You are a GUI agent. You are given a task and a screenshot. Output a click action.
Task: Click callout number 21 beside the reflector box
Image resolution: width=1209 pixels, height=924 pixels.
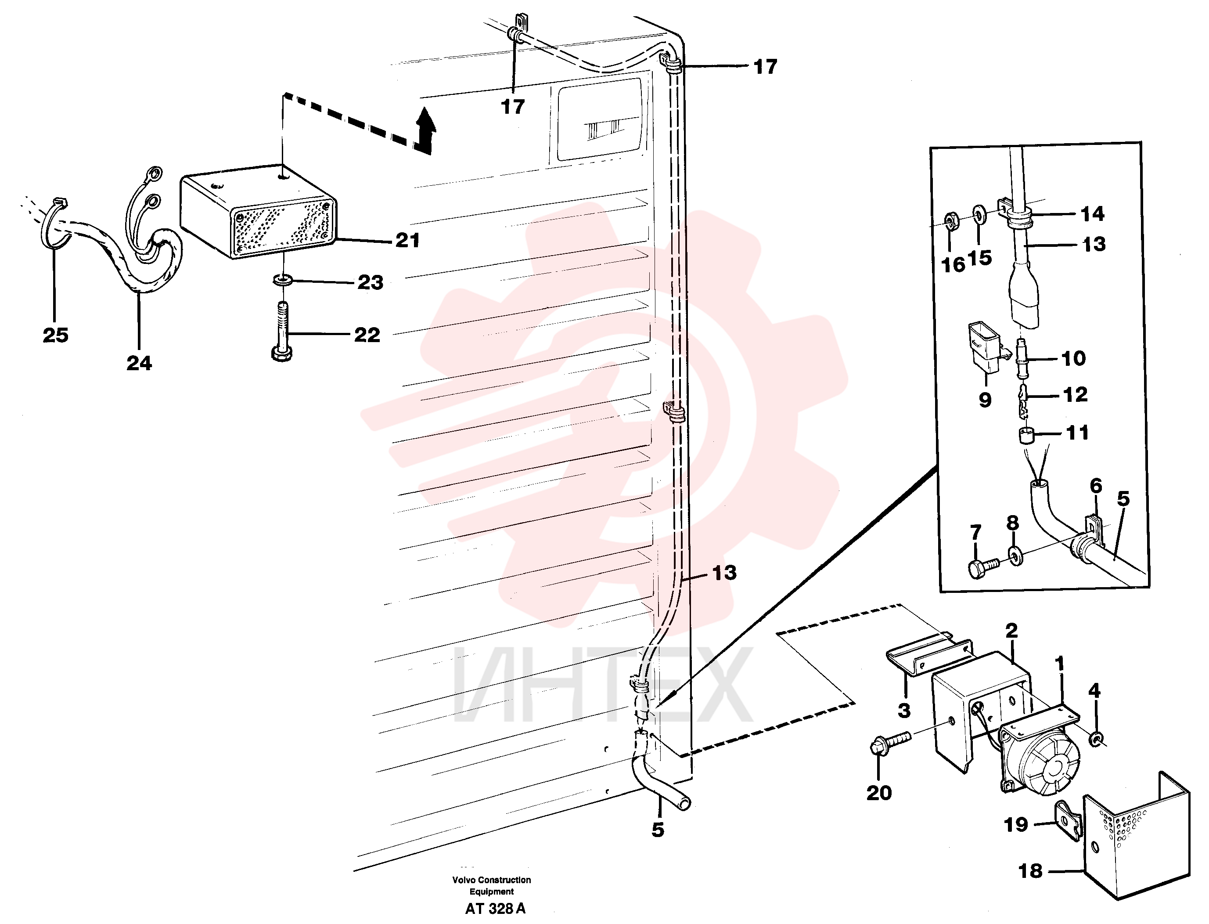pyautogui.click(x=407, y=240)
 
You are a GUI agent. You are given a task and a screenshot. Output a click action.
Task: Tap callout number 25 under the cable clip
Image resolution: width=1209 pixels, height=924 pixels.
pyautogui.click(x=55, y=335)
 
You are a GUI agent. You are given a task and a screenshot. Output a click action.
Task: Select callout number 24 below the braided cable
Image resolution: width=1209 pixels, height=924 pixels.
pyautogui.click(x=139, y=363)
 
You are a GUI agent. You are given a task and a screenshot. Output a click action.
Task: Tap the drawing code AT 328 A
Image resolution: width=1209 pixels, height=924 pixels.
pyautogui.click(x=495, y=909)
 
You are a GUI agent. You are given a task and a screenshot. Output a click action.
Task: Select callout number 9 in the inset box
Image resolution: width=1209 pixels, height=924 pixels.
pyautogui.click(x=985, y=400)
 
